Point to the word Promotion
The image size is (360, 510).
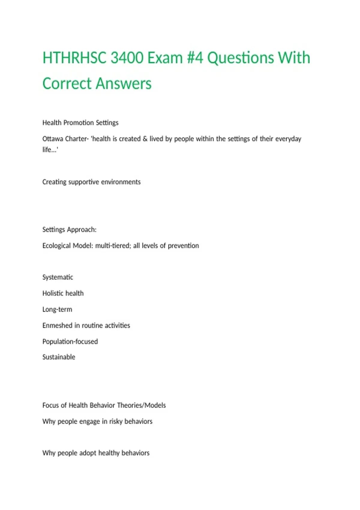pyautogui.click(x=79, y=123)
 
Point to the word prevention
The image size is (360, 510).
pyautogui.click(x=183, y=246)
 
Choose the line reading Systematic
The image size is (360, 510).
pyautogui.click(x=58, y=277)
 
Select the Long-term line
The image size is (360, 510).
pyautogui.click(x=57, y=310)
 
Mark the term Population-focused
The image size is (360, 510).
pyautogui.click(x=70, y=342)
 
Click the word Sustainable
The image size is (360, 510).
pyautogui.click(x=59, y=357)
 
